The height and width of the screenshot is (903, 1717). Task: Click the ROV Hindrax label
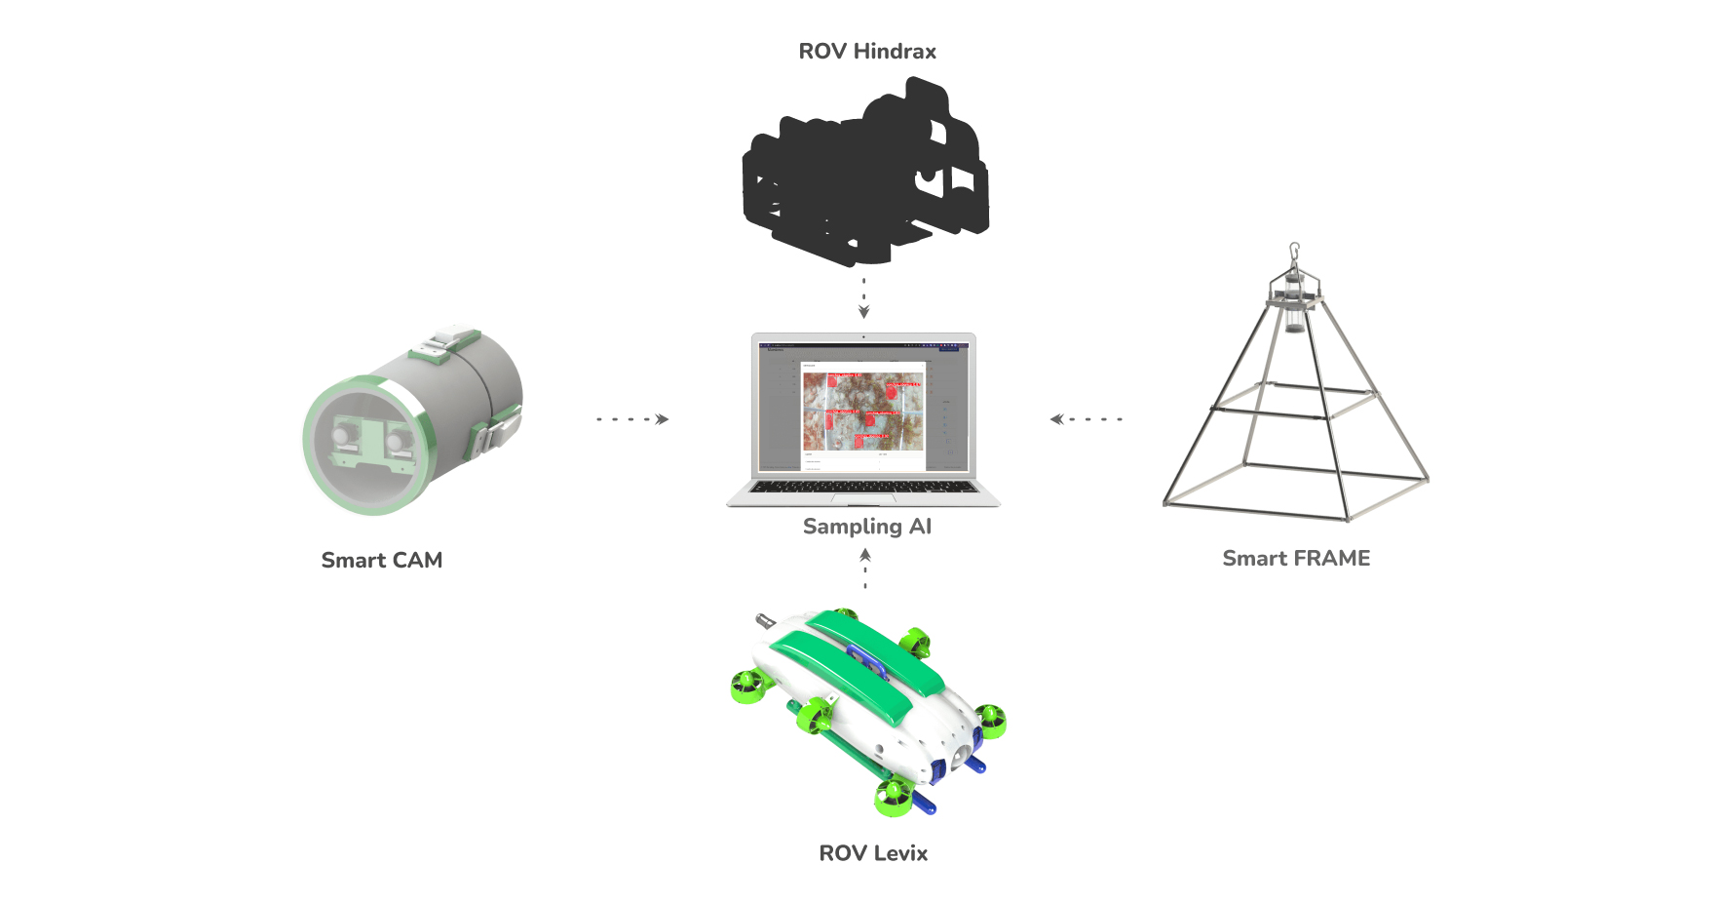point(867,52)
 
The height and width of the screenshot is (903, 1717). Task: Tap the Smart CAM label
point(382,561)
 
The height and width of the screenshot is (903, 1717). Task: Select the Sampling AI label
point(867,527)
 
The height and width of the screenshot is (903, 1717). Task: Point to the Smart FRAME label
point(1296,559)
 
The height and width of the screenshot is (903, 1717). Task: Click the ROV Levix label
point(873,853)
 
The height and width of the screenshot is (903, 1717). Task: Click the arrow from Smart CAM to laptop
point(633,419)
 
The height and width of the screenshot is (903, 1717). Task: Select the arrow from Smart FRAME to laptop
point(1086,419)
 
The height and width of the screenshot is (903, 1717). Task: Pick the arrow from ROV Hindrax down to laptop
point(863,297)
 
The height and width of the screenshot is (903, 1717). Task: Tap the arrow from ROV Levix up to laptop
point(865,569)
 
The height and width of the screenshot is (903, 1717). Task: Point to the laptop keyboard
point(863,487)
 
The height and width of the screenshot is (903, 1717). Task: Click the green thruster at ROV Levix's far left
point(748,687)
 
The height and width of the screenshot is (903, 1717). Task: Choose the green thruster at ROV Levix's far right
point(990,722)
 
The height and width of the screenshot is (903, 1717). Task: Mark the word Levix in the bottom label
point(900,853)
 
